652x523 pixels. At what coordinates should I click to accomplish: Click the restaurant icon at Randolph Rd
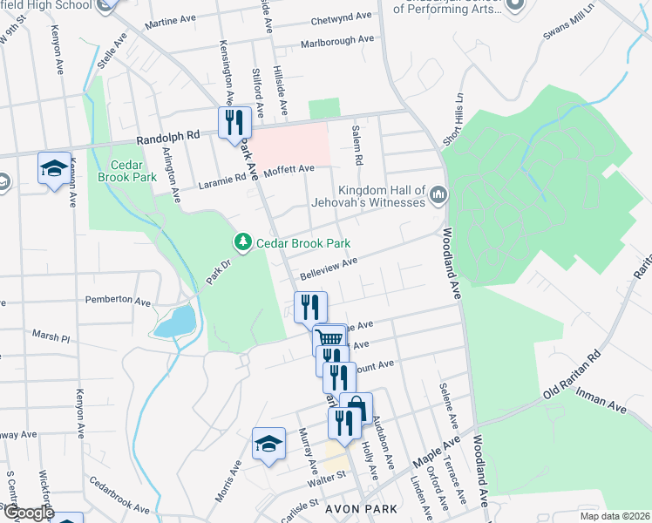233,123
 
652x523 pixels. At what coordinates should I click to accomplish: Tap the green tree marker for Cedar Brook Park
242,242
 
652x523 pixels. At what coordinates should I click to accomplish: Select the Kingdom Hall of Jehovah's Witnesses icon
438,196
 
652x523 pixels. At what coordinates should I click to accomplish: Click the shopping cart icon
329,339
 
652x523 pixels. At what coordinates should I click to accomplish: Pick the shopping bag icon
356,407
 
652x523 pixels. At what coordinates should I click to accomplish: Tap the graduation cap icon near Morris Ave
268,444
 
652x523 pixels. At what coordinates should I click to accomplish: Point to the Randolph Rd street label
167,137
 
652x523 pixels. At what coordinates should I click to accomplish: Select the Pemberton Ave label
118,300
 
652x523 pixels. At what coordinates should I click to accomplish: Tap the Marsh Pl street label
50,336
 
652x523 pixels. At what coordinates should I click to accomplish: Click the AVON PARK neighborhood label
362,508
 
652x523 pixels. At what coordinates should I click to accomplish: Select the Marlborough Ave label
336,40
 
